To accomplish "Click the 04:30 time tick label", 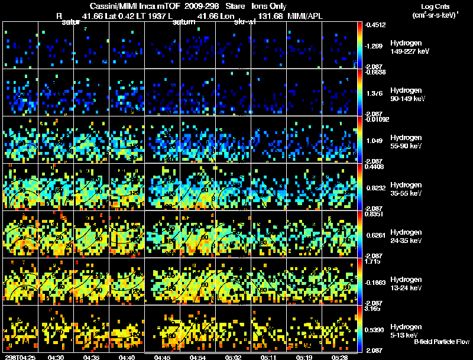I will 56,357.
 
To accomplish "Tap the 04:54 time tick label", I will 199,357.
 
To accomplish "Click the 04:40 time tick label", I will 127,357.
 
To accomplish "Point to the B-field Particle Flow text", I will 441,342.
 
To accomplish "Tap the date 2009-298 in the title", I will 203,6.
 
